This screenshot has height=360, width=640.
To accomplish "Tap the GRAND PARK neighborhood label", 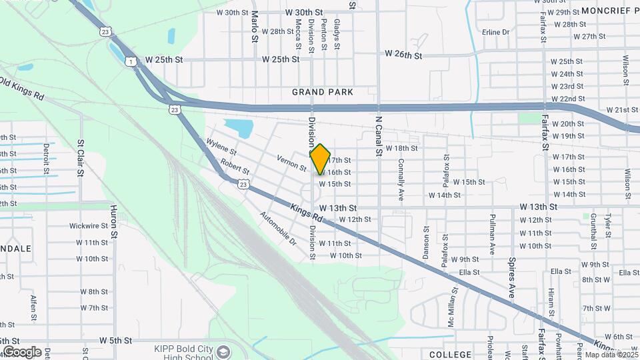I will (322, 91).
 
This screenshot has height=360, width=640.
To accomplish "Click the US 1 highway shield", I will (129, 62).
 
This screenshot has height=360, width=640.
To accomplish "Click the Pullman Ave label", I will (492, 234).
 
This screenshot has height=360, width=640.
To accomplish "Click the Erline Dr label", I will (495, 32).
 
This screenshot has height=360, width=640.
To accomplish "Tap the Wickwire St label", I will (89, 226).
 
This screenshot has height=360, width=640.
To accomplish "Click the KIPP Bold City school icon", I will (223, 351).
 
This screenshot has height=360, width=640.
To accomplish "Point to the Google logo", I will (22, 352).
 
